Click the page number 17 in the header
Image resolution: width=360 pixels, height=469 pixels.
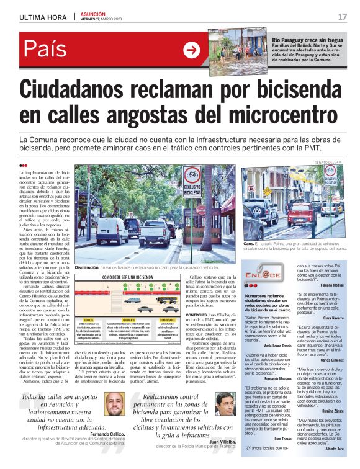[342, 16]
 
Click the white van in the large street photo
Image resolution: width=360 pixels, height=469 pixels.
[112, 230]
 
